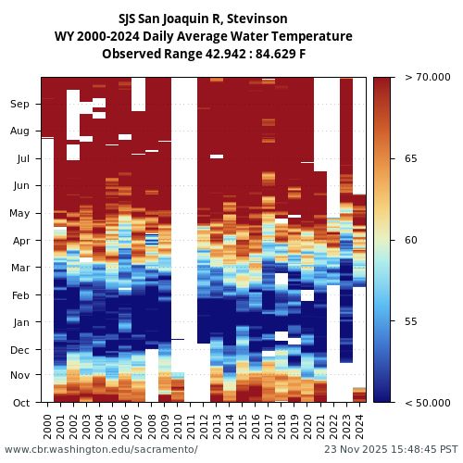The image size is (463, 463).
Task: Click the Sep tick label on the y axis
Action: click(x=20, y=105)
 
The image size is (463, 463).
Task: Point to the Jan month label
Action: click(x=20, y=323)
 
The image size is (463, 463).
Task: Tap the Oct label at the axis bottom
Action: click(x=20, y=403)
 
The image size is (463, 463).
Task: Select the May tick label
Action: click(x=20, y=214)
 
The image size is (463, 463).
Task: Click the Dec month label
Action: click(x=20, y=350)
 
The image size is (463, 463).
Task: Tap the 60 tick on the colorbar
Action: click(x=411, y=241)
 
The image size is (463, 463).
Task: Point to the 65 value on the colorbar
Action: click(x=411, y=159)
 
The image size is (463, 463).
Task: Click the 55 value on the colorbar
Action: click(x=411, y=322)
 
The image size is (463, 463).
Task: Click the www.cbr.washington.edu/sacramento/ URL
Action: click(x=101, y=450)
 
